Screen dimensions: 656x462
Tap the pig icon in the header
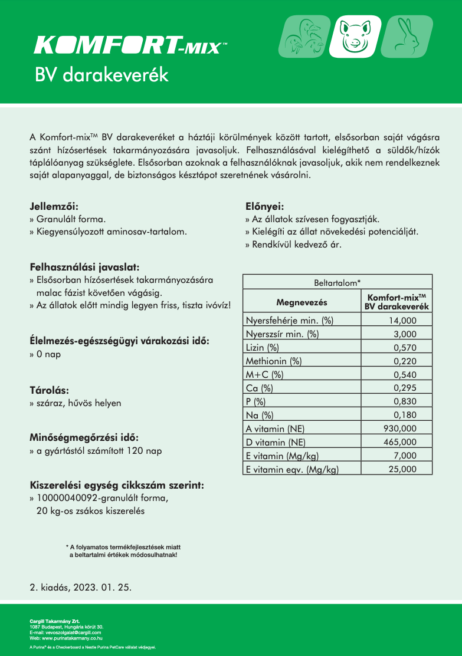click(x=354, y=37)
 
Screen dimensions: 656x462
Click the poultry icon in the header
click(x=301, y=37)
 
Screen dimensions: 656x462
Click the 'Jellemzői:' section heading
click(x=54, y=207)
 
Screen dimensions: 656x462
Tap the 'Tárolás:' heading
click(x=50, y=390)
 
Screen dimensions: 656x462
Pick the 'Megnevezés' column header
click(x=302, y=302)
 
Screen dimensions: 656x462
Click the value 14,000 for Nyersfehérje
click(x=402, y=321)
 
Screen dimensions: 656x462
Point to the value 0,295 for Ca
click(x=405, y=388)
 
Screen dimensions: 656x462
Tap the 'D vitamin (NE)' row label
click(x=274, y=442)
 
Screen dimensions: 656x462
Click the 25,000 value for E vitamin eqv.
click(x=402, y=469)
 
